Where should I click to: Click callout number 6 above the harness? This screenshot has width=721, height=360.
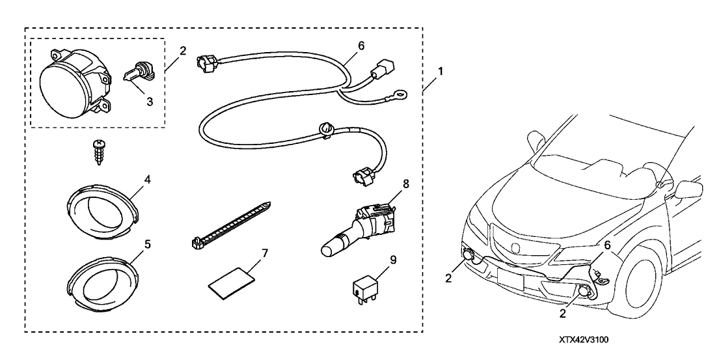(361, 46)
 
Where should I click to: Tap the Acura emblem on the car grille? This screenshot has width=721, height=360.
(516, 245)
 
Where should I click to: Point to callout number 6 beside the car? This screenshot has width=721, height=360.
(608, 245)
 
